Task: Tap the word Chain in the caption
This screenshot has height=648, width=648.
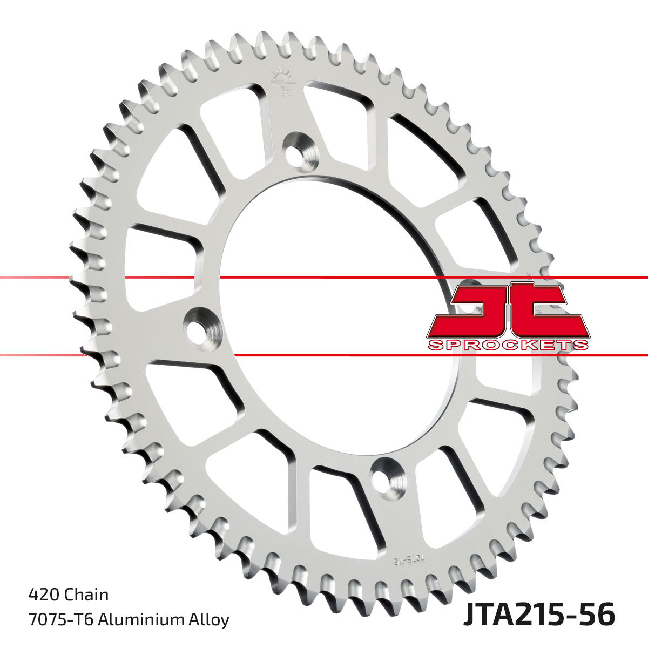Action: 86,595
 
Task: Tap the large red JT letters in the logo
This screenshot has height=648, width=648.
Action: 508,310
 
